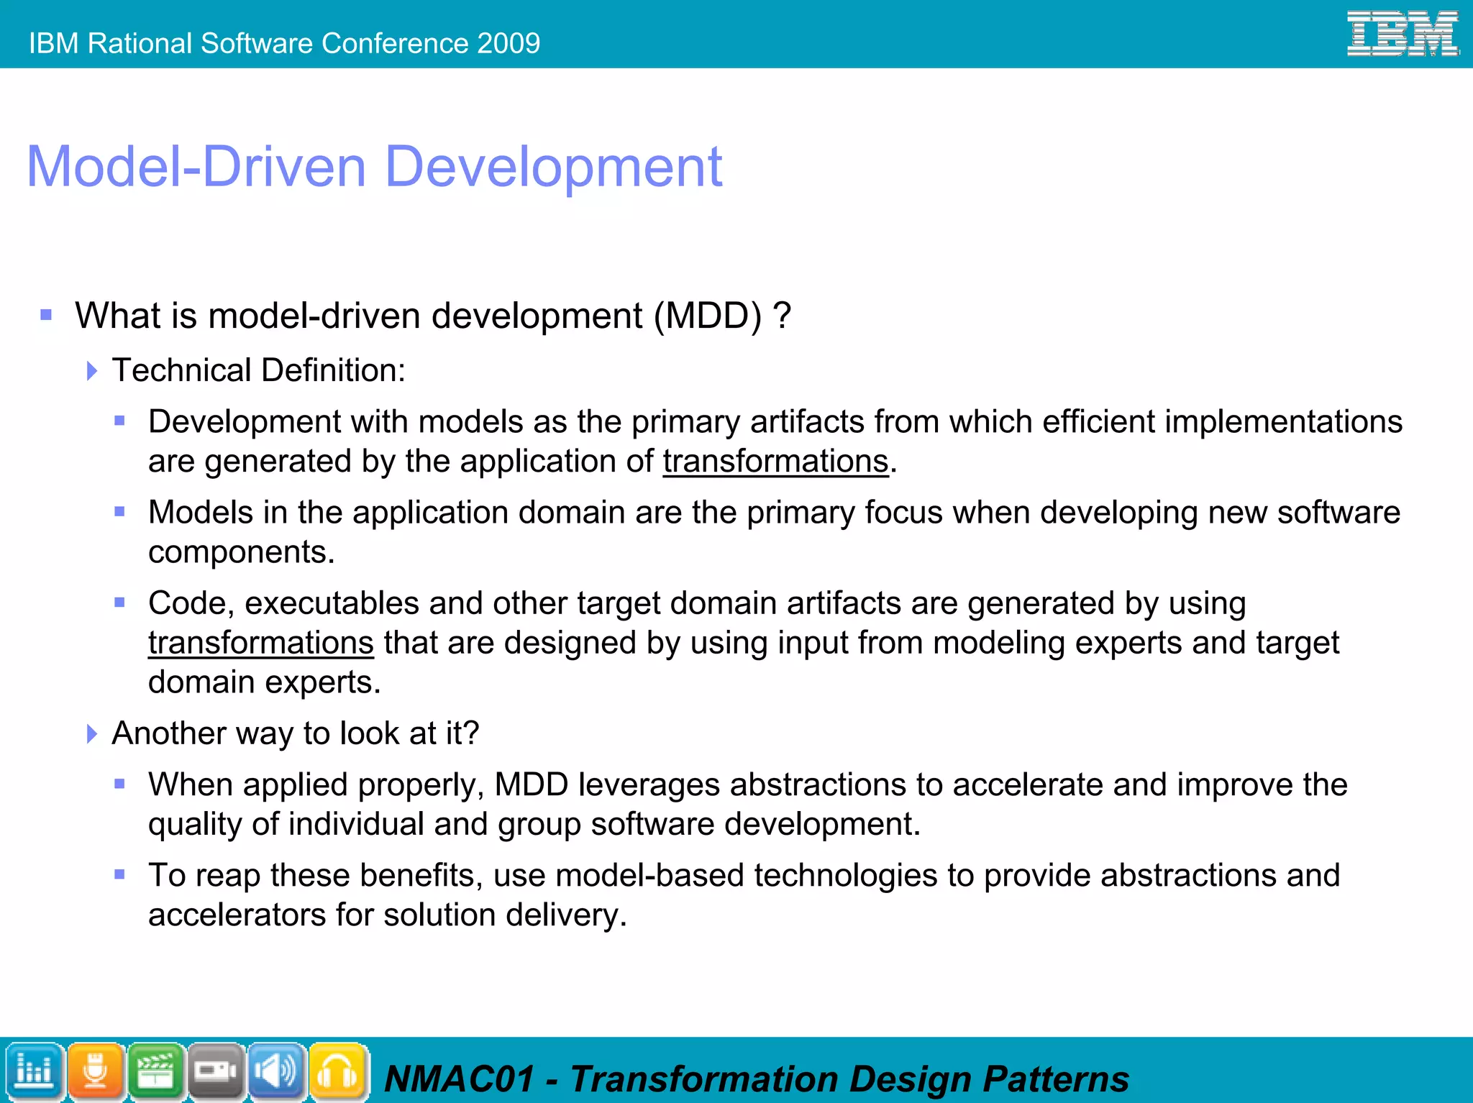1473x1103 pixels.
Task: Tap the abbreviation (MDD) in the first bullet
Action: point(708,316)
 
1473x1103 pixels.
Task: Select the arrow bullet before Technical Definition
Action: point(91,371)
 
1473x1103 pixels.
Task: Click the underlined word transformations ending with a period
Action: point(775,462)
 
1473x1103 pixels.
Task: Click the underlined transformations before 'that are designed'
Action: point(260,643)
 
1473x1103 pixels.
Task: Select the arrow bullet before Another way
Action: point(91,734)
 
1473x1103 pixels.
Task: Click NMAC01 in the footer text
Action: point(459,1079)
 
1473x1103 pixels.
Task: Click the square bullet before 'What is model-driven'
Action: point(47,315)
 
